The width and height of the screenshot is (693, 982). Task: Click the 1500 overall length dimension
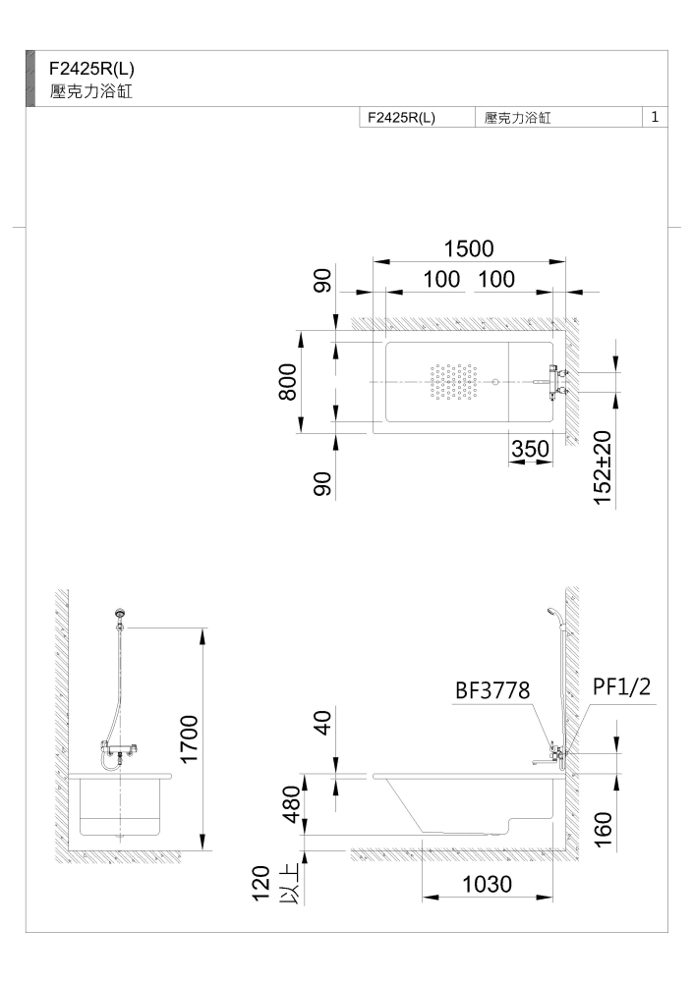[469, 248]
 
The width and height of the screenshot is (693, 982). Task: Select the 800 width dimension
[288, 381]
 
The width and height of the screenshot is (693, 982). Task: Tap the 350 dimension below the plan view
[531, 449]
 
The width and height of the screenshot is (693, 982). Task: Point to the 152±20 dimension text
[602, 467]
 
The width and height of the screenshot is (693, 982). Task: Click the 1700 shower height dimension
[189, 739]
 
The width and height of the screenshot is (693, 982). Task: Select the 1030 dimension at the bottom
[488, 885]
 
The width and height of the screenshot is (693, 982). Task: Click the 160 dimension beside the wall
[602, 829]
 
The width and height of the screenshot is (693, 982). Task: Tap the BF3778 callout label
[492, 690]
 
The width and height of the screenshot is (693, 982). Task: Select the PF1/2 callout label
[622, 686]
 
